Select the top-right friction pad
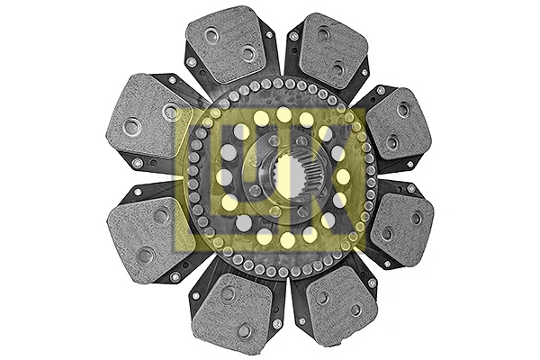[x=331, y=49]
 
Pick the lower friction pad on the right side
[x=400, y=226]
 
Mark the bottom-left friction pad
[x=232, y=310]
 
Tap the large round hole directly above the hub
[x=283, y=114]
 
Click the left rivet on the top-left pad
[x=212, y=36]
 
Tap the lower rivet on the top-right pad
[x=338, y=68]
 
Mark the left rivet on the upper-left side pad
[x=131, y=126]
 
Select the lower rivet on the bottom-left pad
[x=244, y=331]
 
